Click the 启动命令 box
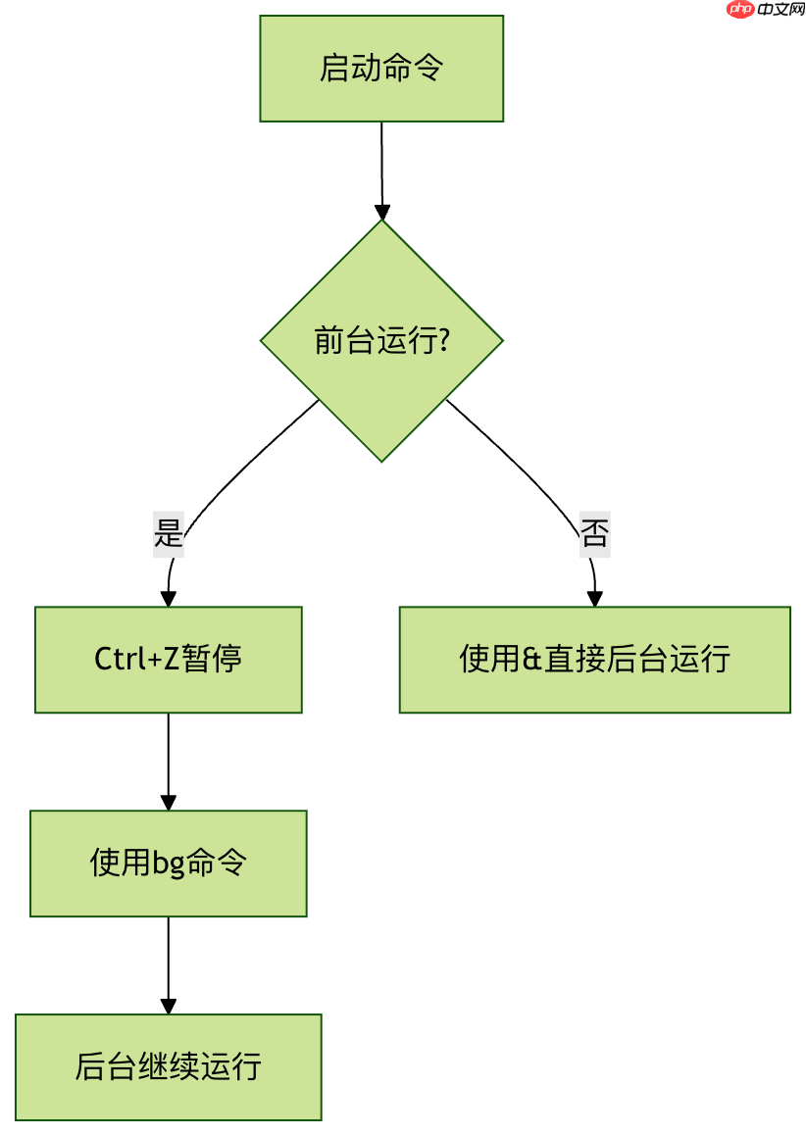pos(381,69)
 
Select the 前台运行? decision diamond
pos(381,340)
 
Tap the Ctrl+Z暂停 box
pos(168,659)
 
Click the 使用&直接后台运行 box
pos(594,659)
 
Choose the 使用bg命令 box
pos(168,863)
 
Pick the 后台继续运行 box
pos(168,1066)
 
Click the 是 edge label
pos(169,534)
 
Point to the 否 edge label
pos(594,534)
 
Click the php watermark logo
pos(741,9)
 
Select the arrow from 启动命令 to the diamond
pos(381,167)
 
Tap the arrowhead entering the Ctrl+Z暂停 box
pos(168,599)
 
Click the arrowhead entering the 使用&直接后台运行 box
pos(594,599)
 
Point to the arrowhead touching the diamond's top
pos(382,212)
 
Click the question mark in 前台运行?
pos(444,340)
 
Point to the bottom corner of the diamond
pos(381,460)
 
